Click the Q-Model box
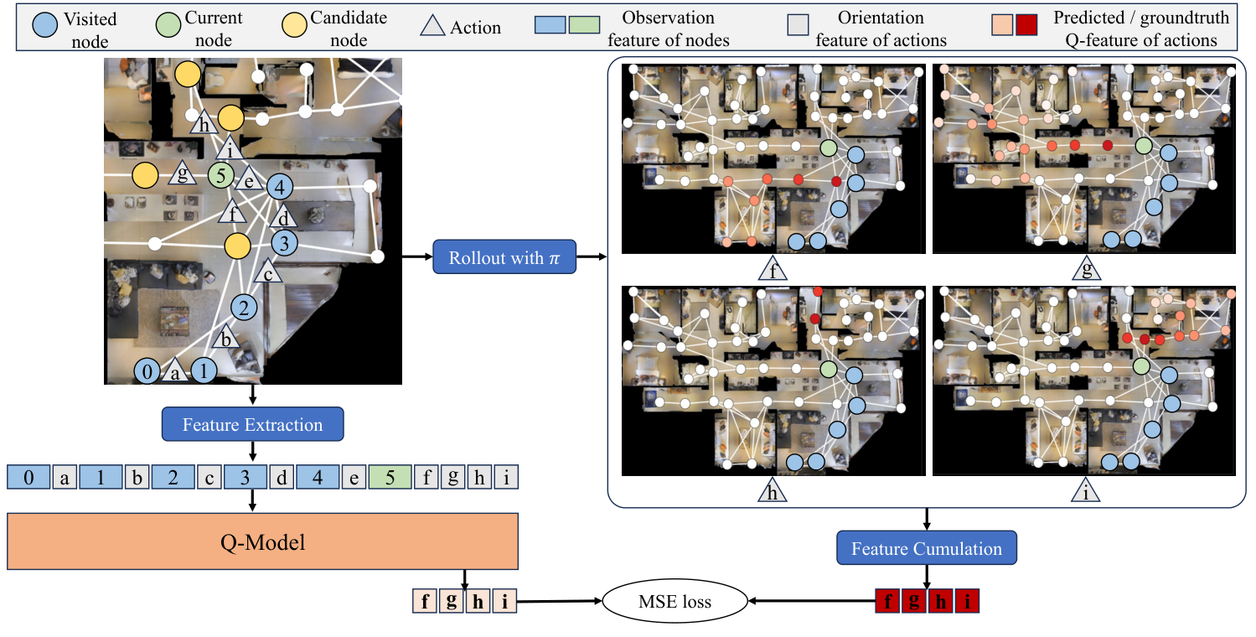click(262, 542)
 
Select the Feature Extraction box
click(252, 424)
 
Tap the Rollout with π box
click(504, 257)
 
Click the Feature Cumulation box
click(926, 549)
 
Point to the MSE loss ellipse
click(674, 602)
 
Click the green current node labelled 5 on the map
click(220, 176)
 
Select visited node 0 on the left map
click(147, 371)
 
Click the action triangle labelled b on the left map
click(225, 339)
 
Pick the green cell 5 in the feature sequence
click(390, 478)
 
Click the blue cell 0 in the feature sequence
click(28, 478)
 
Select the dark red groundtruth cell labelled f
click(887, 602)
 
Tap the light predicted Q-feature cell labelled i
click(504, 602)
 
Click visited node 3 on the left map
click(284, 244)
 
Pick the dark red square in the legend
click(1026, 27)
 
